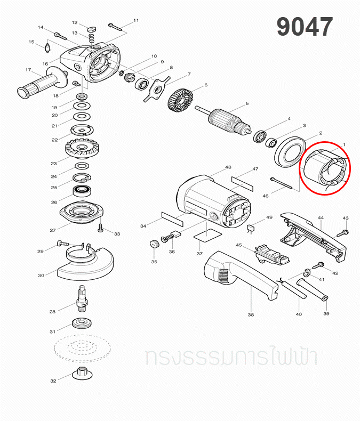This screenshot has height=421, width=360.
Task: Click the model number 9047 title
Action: pyautogui.click(x=305, y=26)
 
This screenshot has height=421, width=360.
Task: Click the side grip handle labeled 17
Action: pyautogui.click(x=43, y=83)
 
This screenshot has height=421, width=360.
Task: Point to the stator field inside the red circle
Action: pyautogui.click(x=326, y=169)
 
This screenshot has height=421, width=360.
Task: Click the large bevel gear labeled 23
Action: pyautogui.click(x=81, y=148)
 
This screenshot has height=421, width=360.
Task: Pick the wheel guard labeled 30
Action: pyautogui.click(x=85, y=262)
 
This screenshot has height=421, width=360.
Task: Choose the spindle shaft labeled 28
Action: pyautogui.click(x=82, y=298)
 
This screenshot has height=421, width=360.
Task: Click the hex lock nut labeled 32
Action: pyautogui.click(x=82, y=374)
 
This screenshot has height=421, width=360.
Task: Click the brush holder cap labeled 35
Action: pyautogui.click(x=154, y=244)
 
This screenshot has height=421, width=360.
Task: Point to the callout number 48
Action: pyautogui.click(x=228, y=167)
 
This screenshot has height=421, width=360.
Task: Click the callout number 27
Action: pyautogui.click(x=53, y=230)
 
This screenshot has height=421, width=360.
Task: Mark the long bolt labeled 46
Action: pyautogui.click(x=281, y=183)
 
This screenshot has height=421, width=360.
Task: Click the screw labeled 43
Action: pyautogui.click(x=341, y=232)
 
